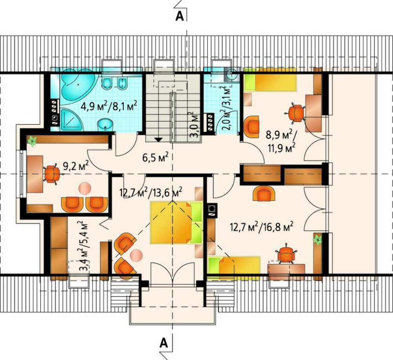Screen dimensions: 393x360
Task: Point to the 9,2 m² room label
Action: coord(75,165)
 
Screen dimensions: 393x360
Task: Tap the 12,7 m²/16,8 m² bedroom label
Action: coord(262,228)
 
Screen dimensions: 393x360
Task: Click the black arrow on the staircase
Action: coord(158,140)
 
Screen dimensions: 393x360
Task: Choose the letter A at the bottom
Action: coord(163,342)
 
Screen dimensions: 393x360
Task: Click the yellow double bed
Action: coord(176,222)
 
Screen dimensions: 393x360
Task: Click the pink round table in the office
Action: coord(85,188)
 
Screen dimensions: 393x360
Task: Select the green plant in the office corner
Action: coord(32,141)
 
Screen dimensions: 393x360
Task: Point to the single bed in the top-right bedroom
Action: coord(270,79)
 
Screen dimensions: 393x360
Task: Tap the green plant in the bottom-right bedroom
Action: coord(318,239)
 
